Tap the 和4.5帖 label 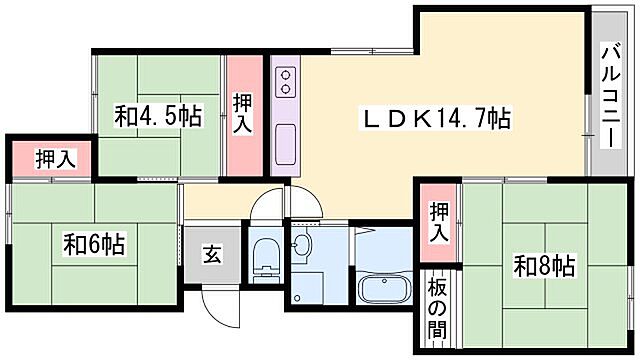click(158, 117)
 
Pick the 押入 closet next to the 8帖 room click(438, 221)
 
